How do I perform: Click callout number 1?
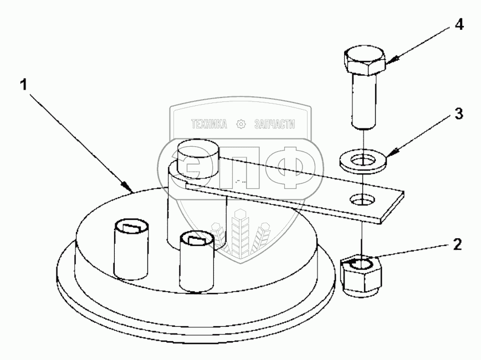(x=24, y=84)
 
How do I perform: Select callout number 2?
(x=457, y=244)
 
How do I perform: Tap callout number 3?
(x=458, y=114)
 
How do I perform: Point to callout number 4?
(x=459, y=24)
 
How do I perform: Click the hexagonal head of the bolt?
(x=365, y=61)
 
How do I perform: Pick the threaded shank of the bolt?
(x=364, y=101)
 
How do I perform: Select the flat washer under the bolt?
(x=363, y=162)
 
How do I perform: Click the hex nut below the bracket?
(x=361, y=275)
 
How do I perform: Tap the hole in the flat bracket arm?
(x=362, y=199)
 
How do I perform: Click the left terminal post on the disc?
(x=131, y=250)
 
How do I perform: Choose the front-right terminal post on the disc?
(x=196, y=261)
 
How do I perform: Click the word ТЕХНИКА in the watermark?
(x=209, y=124)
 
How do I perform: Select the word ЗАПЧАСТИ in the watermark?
(x=274, y=124)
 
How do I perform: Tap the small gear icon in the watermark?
(x=241, y=124)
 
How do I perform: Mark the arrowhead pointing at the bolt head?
(x=391, y=60)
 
